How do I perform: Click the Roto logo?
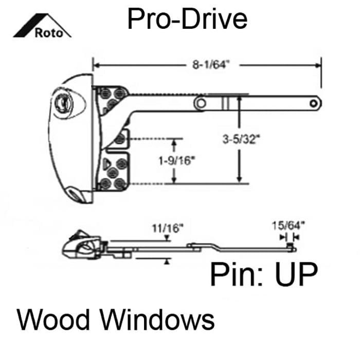coord(42,26)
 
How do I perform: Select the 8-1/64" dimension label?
coord(211,64)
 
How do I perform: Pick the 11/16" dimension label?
coord(168,228)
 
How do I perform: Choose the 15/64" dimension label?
coord(289,225)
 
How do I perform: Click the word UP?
coord(296,275)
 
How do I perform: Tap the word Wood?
coord(53,319)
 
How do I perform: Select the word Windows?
coord(158,319)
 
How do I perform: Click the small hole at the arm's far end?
coord(313,103)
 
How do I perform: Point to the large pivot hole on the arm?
coord(201,103)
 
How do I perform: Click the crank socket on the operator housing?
coord(62,102)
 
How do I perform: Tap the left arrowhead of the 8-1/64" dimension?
coord(97,65)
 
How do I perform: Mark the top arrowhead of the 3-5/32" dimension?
coord(240,99)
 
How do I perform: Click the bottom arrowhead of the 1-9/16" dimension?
coord(174,180)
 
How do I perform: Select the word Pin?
coord(237,275)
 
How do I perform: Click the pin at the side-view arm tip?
coord(290,245)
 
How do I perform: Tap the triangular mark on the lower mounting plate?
coord(106,163)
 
